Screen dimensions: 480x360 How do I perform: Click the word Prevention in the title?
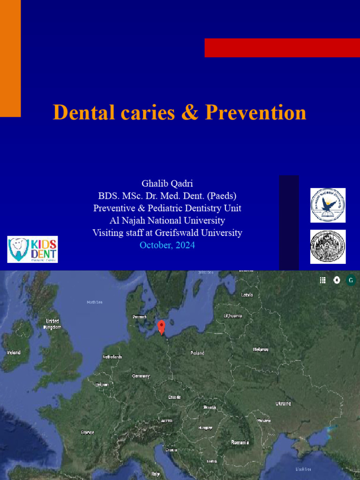click(256, 112)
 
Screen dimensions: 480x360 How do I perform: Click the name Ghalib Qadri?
click(167, 183)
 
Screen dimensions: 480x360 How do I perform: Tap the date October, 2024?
click(167, 245)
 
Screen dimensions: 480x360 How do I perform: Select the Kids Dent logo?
click(33, 249)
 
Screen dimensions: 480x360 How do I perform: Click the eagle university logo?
click(328, 205)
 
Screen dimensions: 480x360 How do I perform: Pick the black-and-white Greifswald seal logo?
click(328, 247)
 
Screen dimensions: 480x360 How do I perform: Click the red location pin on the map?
click(162, 327)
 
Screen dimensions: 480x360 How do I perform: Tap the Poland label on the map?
click(197, 353)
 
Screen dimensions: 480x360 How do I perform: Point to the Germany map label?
click(141, 376)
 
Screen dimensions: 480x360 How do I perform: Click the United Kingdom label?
click(52, 324)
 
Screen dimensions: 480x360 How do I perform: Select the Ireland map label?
click(13, 352)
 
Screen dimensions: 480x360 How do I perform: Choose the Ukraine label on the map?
click(283, 404)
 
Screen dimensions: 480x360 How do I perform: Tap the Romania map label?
click(240, 442)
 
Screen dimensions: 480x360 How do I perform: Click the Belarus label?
click(261, 350)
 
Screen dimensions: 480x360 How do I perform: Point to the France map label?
click(87, 432)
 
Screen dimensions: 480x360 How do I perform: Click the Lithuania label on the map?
click(233, 316)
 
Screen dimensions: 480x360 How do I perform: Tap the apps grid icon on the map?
click(322, 280)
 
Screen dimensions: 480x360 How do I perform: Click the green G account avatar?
click(350, 280)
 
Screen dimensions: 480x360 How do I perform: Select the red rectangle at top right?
click(282, 48)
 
